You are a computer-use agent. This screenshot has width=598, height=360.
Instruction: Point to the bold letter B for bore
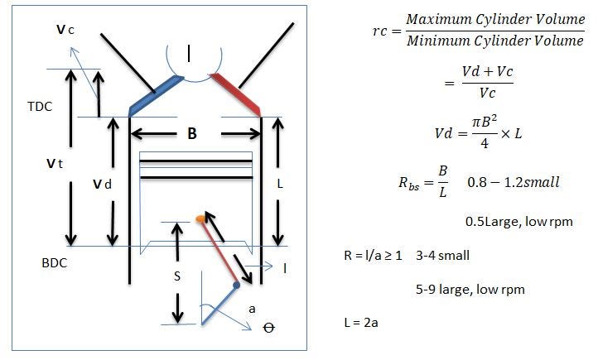(192, 132)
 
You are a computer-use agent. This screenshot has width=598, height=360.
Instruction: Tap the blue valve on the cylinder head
(155, 95)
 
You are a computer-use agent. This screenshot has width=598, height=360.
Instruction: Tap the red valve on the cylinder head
(235, 94)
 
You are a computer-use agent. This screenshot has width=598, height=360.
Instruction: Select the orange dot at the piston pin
(200, 219)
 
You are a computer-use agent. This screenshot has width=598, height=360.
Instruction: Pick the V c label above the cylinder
(65, 30)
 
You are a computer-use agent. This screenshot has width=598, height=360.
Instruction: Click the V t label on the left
(55, 164)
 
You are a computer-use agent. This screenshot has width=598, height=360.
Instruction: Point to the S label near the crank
(176, 277)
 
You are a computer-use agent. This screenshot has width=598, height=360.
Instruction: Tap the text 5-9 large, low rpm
(470, 290)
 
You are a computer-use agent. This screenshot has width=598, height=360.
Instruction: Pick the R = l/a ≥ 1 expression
(373, 255)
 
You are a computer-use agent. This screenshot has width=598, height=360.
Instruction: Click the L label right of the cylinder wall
(280, 185)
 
